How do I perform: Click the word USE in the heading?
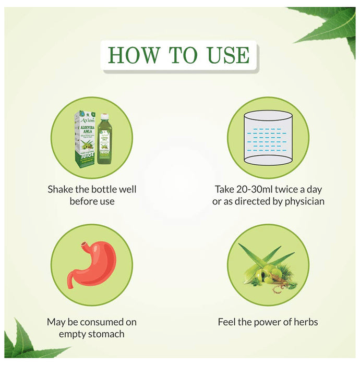(x=226, y=55)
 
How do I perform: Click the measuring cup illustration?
(x=267, y=138)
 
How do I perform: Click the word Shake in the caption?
(x=60, y=189)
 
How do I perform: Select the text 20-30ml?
(x=253, y=189)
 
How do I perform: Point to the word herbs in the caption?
(x=305, y=322)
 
